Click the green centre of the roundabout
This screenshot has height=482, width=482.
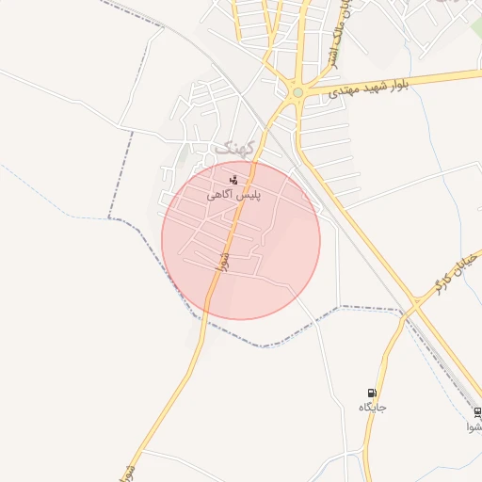(297, 91)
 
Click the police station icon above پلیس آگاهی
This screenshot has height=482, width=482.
(233, 179)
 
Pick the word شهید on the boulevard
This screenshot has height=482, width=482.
(394, 83)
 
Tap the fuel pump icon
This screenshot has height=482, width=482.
(373, 394)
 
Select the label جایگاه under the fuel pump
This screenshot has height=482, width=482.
(373, 408)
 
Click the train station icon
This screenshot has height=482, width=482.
(477, 412)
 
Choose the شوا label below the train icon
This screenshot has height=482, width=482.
(475, 426)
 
